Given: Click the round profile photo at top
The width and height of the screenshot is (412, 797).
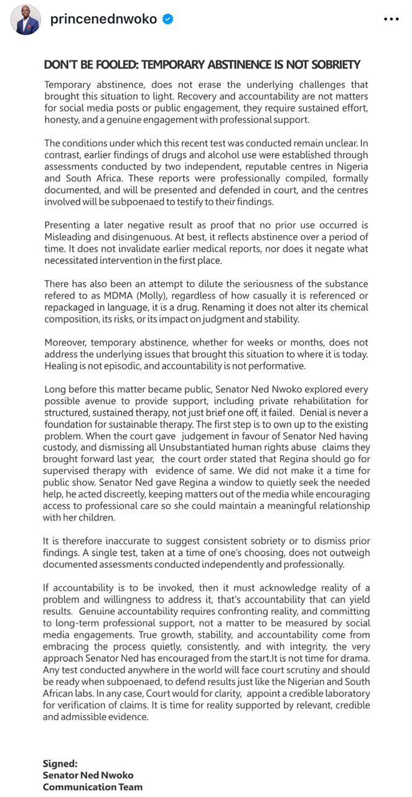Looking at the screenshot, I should pyautogui.click(x=26, y=20).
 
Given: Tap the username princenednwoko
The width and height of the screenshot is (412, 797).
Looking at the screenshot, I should pyautogui.click(x=103, y=19).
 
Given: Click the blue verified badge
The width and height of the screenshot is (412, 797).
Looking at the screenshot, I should pyautogui.click(x=168, y=19).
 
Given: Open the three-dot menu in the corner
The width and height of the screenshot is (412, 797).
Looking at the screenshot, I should pyautogui.click(x=391, y=19).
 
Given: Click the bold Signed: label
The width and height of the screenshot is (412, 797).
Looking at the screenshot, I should pyautogui.click(x=60, y=763).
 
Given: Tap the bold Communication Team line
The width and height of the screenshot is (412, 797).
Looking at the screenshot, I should pyautogui.click(x=93, y=786).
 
